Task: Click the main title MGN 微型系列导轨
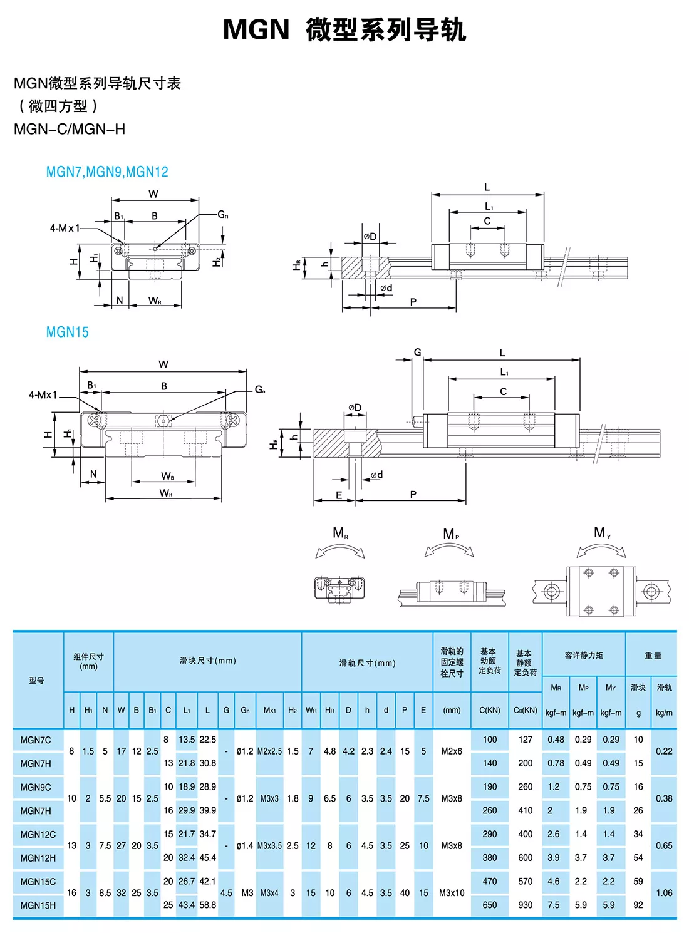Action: click(x=344, y=29)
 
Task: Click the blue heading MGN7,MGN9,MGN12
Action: click(x=107, y=172)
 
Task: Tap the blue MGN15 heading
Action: click(x=67, y=332)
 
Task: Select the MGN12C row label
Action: click(x=38, y=834)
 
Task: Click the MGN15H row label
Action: click(x=38, y=905)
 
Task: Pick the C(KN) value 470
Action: click(x=490, y=881)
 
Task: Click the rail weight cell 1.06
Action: click(x=664, y=893)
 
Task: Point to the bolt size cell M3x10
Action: click(x=452, y=893)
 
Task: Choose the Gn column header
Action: click(x=245, y=710)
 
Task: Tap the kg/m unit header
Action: click(x=664, y=713)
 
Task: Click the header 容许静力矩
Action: click(x=584, y=655)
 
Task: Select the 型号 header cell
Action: click(x=37, y=680)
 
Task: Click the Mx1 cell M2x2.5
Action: click(x=269, y=751)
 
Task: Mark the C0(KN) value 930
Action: click(x=526, y=905)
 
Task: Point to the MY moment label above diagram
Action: click(x=602, y=533)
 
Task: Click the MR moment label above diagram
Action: click(x=340, y=533)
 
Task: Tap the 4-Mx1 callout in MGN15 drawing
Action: click(x=43, y=395)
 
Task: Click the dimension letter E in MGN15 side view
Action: click(x=339, y=495)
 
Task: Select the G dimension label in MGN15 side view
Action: click(x=417, y=352)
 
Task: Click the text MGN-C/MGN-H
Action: click(x=70, y=129)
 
